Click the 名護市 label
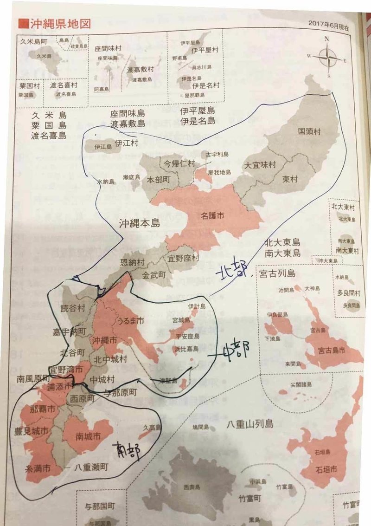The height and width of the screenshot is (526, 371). [x=213, y=216]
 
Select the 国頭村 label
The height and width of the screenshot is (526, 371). [x=309, y=131]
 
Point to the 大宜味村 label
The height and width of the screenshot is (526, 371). [x=260, y=165]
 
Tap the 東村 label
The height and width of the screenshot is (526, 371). [x=291, y=179]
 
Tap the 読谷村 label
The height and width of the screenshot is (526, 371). [x=73, y=308]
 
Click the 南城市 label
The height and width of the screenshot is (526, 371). [x=88, y=436]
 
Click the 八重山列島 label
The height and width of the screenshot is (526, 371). [x=250, y=423]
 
